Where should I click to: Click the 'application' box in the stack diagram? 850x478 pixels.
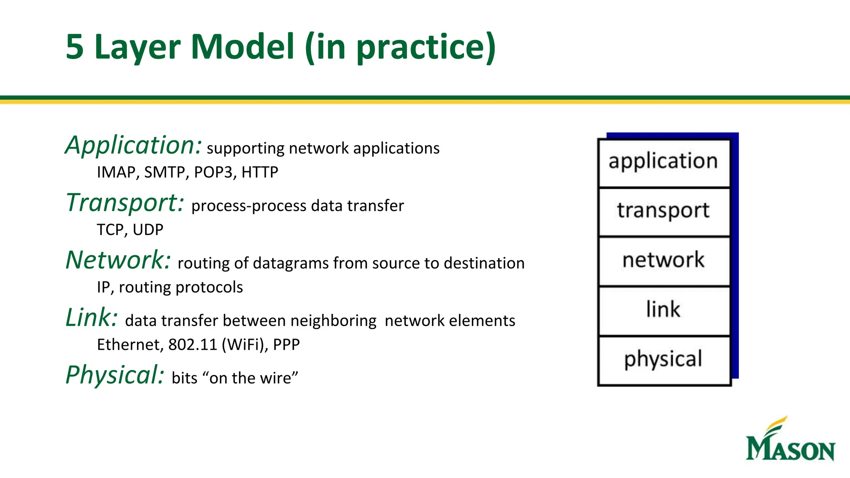[664, 163]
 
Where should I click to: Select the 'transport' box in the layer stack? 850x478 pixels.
[664, 212]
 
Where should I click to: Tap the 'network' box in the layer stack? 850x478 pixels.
[664, 261]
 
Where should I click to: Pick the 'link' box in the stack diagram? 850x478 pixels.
[664, 310]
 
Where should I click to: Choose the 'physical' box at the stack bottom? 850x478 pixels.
[664, 360]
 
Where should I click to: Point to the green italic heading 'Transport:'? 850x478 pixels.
[125, 203]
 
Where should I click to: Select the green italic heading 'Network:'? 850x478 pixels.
[118, 261]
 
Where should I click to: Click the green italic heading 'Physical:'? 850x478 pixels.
[115, 376]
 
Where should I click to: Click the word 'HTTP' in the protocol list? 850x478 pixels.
[260, 172]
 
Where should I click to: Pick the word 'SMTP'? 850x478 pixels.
[166, 172]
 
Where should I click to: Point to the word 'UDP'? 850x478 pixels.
[148, 230]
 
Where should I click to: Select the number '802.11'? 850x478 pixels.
[193, 345]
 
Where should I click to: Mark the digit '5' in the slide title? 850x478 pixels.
[75, 47]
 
